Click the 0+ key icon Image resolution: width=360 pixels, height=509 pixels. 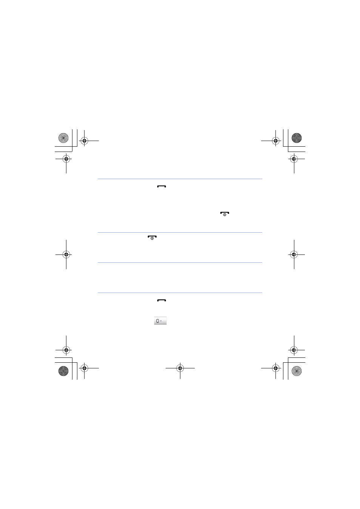pos(160,320)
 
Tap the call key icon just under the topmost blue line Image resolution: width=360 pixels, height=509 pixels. pos(162,187)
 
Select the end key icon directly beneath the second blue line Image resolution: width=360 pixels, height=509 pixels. pos(152,238)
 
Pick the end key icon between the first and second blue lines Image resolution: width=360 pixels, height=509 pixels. pos(225,214)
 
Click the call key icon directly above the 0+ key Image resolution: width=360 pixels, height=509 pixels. pos(162,300)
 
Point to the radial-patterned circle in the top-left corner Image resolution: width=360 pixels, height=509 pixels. pos(63,138)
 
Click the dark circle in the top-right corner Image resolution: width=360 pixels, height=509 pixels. pos(297,138)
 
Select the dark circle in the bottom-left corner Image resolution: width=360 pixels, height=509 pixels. pos(63,371)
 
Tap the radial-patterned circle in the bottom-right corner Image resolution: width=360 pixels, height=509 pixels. pos(297,371)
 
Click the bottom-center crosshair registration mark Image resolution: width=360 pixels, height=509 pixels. pos(180,368)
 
